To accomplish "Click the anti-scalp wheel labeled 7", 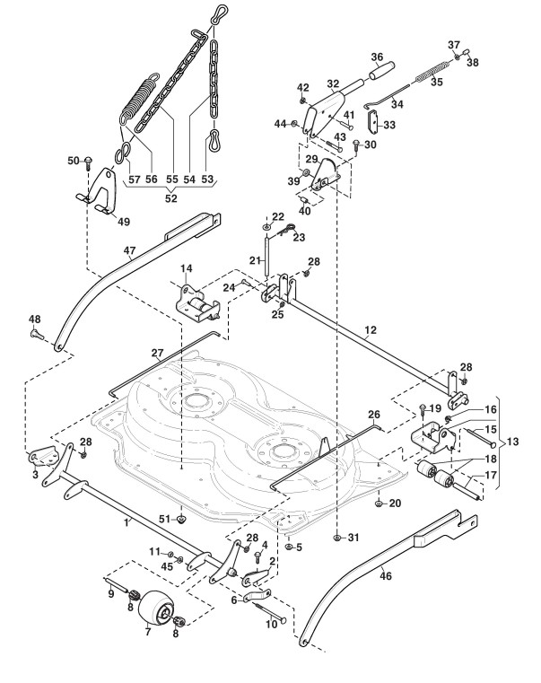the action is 156,609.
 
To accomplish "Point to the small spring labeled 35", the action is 432,72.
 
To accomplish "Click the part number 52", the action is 171,197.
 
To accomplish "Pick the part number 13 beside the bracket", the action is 513,442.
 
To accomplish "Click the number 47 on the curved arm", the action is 130,251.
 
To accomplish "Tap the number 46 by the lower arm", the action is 386,575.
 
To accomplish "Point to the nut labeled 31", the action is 336,538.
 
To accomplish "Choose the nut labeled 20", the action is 379,503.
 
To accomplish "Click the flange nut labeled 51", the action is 181,519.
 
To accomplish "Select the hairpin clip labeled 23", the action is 285,231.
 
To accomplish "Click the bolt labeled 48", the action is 37,334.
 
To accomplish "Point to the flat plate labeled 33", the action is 373,122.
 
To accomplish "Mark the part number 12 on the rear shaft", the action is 370,330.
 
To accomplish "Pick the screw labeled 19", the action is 423,410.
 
